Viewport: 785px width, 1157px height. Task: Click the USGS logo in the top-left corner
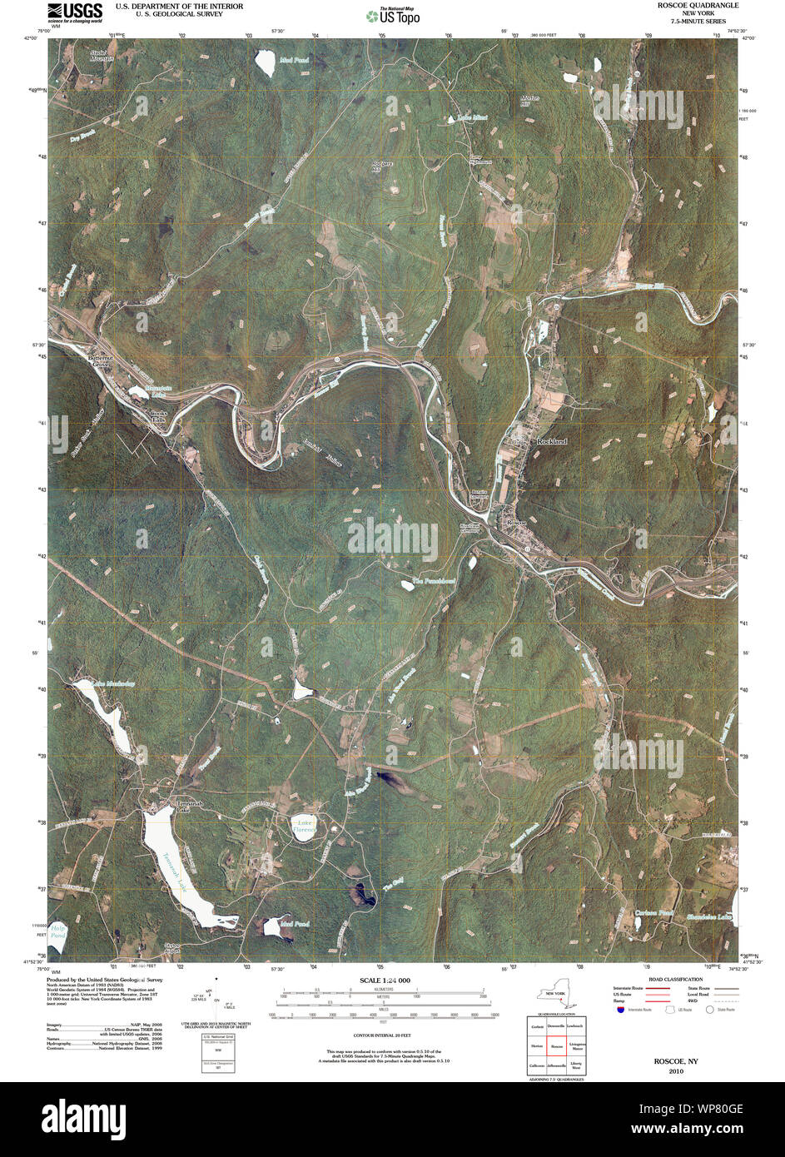coord(75,11)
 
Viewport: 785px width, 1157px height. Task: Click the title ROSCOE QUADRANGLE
coord(697,6)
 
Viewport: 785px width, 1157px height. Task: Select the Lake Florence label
coord(304,826)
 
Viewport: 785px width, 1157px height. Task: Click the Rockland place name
coord(551,441)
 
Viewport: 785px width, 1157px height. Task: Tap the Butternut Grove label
coord(99,360)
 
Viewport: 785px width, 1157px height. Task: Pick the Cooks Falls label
coord(158,417)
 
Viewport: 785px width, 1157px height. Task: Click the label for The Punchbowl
coord(434,581)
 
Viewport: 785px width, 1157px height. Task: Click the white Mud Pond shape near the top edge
coord(266,63)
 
